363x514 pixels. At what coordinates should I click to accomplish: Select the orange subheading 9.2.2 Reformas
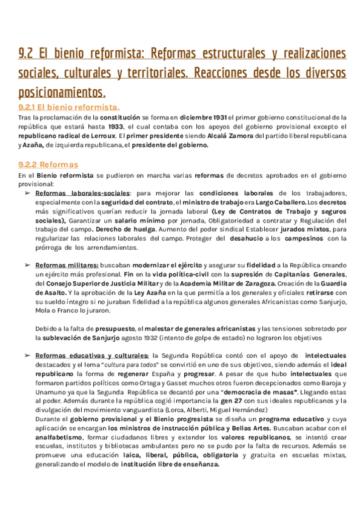(48, 164)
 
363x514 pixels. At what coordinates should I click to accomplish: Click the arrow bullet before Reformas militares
(27, 265)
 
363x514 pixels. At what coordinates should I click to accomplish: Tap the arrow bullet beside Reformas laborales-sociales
(27, 193)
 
